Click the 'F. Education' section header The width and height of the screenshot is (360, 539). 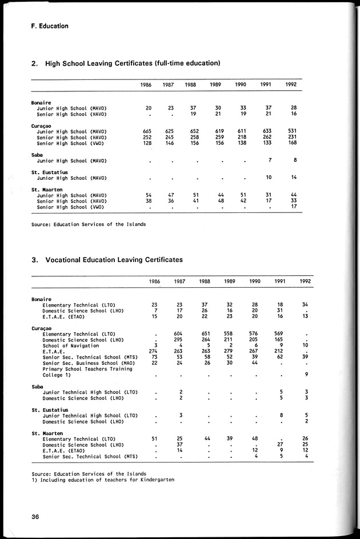(x=50, y=26)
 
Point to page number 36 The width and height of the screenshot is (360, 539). (x=35, y=517)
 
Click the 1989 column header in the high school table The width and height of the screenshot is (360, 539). (x=215, y=85)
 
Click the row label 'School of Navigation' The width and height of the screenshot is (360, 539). (x=71, y=345)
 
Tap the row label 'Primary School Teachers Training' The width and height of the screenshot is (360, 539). (x=87, y=369)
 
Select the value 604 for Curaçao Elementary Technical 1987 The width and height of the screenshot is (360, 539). (x=178, y=333)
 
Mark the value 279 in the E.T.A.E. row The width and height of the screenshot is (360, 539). (x=227, y=351)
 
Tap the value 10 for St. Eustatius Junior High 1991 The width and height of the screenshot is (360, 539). (x=269, y=178)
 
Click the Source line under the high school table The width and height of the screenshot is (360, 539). (x=89, y=224)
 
